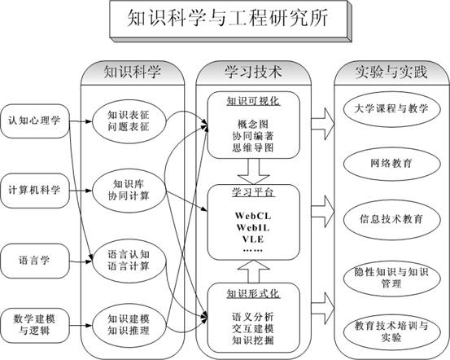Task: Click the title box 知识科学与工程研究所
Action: click(230, 20)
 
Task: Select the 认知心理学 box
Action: click(35, 121)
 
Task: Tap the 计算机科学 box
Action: click(35, 191)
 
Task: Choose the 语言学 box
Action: click(35, 261)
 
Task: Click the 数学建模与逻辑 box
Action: click(35, 326)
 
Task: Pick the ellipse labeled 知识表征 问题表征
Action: click(129, 121)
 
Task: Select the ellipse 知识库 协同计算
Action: click(129, 191)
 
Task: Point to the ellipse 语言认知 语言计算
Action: click(129, 261)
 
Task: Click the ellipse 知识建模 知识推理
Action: click(129, 325)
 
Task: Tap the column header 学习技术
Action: click(253, 72)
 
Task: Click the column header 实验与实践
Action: click(391, 72)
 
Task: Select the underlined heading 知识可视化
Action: click(253, 102)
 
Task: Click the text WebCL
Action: click(253, 216)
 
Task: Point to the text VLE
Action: click(253, 239)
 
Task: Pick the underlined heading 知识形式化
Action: click(253, 294)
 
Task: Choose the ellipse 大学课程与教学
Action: click(391, 109)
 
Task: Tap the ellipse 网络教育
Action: click(391, 164)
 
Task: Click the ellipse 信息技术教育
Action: click(391, 220)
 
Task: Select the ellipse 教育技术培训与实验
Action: click(391, 331)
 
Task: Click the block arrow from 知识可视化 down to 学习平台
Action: click(253, 172)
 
